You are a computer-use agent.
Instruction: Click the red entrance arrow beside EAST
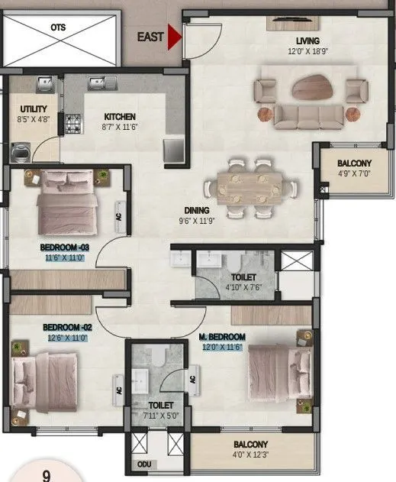(174, 37)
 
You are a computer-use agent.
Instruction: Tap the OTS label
(58, 27)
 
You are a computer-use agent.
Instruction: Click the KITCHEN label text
(120, 117)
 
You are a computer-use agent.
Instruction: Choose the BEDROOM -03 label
(66, 248)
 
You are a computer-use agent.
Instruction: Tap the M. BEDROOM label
(222, 337)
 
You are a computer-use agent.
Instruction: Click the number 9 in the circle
(46, 475)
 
